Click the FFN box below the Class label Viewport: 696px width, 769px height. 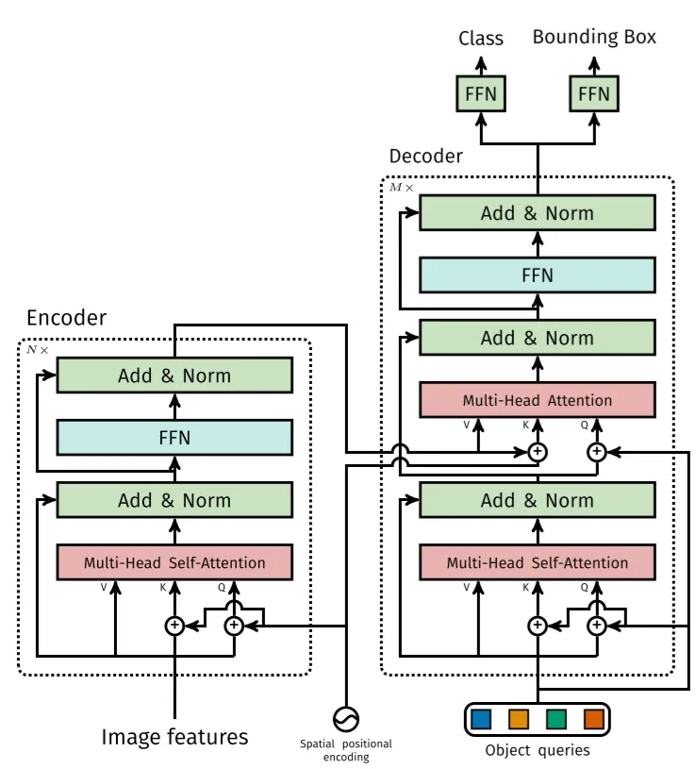coord(481,93)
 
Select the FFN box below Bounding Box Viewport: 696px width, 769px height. coord(594,93)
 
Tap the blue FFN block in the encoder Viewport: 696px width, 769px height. coord(175,438)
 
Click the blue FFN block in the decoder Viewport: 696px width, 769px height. coord(538,276)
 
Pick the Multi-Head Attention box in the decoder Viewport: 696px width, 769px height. coord(538,400)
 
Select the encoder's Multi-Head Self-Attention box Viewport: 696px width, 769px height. coord(175,562)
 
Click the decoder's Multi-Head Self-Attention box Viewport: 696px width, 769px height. coord(538,562)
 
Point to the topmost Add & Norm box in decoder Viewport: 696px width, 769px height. coord(538,213)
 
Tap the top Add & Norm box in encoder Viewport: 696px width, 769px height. coord(175,376)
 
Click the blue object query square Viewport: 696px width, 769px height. coord(481,720)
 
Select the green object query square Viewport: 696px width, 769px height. coord(556,720)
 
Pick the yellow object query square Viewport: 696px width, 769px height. coord(519,720)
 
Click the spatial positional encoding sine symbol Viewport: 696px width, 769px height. coord(346,720)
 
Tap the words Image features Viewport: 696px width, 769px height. coord(175,737)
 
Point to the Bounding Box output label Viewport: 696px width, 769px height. coord(594,37)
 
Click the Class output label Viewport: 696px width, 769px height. coord(481,39)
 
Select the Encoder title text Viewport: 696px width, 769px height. coord(67,318)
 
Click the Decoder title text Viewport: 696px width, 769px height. coord(426,156)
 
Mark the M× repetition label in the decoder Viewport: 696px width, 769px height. coord(402,188)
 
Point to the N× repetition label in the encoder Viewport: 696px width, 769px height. coord(38,350)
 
